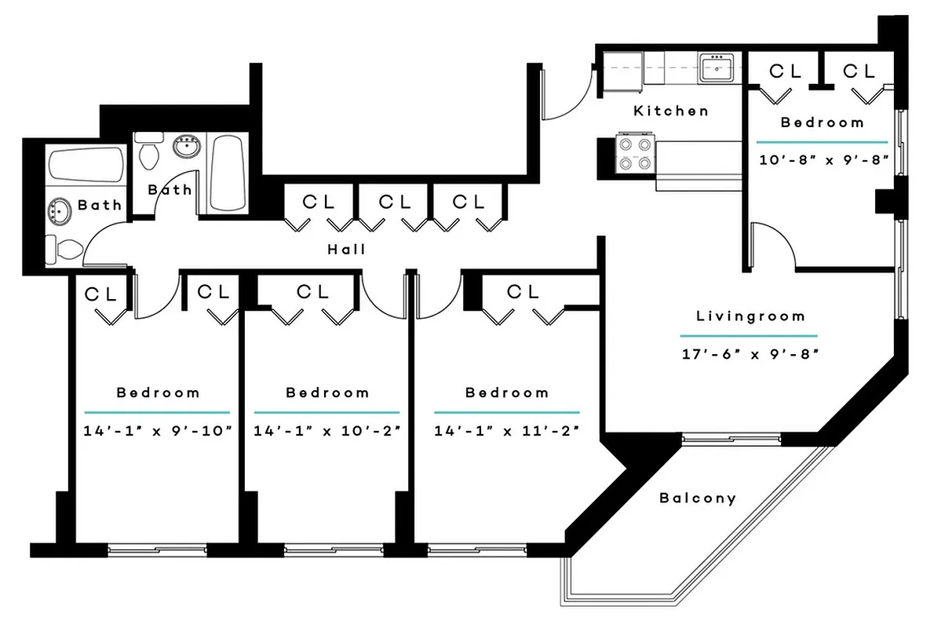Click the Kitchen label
click(x=671, y=111)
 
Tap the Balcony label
click(x=698, y=498)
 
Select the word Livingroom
click(x=751, y=316)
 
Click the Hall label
click(x=347, y=250)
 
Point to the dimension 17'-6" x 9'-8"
click(x=750, y=353)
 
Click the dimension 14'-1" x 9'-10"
click(x=157, y=430)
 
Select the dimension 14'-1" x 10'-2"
click(x=327, y=430)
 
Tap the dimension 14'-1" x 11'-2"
click(x=507, y=430)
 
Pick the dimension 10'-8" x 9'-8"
click(x=823, y=159)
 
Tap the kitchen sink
click(x=716, y=68)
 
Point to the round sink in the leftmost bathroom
click(x=58, y=211)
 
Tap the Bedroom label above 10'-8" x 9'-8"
click(x=822, y=122)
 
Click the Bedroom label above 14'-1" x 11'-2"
click(x=507, y=392)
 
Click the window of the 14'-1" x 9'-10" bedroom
click(x=157, y=549)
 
